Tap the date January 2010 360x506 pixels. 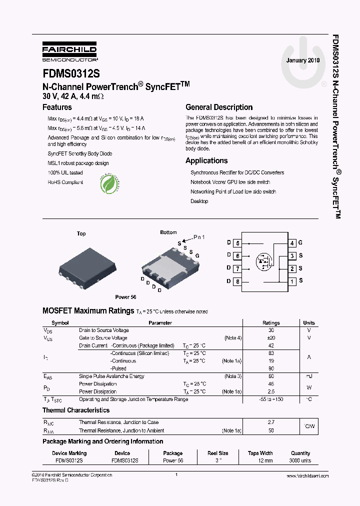[302, 60]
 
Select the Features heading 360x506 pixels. [57, 107]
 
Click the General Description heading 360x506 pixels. [219, 107]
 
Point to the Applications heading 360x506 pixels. [206, 160]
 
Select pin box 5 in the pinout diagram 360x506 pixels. [237, 243]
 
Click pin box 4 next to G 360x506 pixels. [292, 243]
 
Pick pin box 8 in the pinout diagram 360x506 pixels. [237, 281]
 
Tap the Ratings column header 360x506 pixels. [271, 323]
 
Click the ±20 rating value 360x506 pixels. [271, 338]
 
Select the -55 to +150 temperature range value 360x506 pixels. [271, 399]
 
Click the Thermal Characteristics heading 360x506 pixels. [76, 410]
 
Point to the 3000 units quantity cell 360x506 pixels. [300, 460]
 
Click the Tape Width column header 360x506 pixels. [260, 453]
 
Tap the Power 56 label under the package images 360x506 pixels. [125, 297]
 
